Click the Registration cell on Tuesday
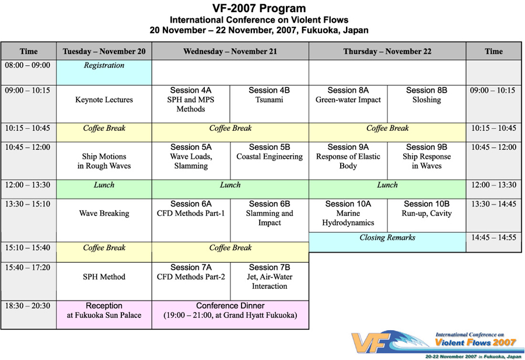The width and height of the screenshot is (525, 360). (x=104, y=72)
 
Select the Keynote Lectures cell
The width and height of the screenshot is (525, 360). (x=104, y=104)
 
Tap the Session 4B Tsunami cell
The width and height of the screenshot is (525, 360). (x=269, y=104)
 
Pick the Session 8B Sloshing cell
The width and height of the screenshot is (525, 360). (x=426, y=104)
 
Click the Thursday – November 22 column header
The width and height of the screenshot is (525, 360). (x=387, y=51)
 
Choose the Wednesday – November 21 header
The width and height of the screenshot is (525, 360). (x=230, y=51)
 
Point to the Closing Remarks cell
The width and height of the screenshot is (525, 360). (x=387, y=242)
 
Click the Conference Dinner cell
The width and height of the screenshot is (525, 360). (x=230, y=315)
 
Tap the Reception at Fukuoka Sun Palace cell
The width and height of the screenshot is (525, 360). (x=104, y=315)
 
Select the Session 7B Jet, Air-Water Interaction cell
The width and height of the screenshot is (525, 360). (x=269, y=281)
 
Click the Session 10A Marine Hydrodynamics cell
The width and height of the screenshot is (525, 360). (x=348, y=215)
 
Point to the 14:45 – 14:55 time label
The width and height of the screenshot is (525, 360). (x=494, y=237)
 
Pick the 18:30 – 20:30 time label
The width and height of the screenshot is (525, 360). (x=27, y=306)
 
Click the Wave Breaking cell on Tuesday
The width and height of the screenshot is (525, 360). (x=104, y=221)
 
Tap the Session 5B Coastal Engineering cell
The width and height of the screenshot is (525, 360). (x=269, y=160)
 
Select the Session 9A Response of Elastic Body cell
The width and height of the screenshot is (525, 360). (x=348, y=160)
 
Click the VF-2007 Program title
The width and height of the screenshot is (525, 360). (x=259, y=8)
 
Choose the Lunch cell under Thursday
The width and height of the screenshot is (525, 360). (x=387, y=189)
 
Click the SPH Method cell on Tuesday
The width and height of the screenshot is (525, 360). (x=104, y=281)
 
